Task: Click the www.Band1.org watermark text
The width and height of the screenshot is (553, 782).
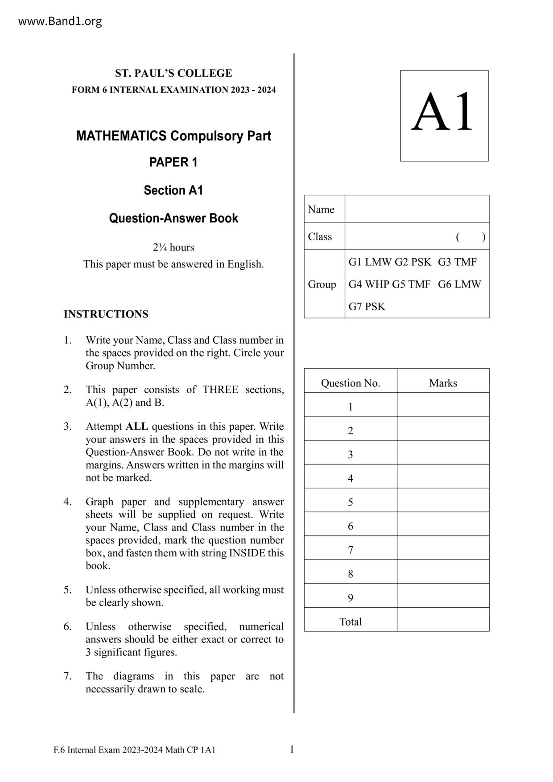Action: [x=60, y=21]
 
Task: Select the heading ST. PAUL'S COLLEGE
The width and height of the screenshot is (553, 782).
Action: [x=173, y=73]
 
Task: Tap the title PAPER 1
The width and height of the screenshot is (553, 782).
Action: [x=173, y=162]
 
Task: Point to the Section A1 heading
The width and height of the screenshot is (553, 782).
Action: [x=173, y=190]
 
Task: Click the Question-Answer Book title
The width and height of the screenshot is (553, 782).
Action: [x=173, y=218]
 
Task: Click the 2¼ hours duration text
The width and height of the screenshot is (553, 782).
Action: [x=173, y=247]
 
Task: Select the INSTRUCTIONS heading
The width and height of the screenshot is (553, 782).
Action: [x=106, y=314]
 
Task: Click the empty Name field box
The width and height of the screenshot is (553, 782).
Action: [x=417, y=209]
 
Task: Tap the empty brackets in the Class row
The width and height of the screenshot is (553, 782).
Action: [x=470, y=237]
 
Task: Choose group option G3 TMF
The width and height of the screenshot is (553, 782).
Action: [x=457, y=262]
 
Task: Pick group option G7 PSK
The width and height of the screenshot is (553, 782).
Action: [x=367, y=307]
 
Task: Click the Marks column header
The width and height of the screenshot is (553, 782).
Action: [x=443, y=383]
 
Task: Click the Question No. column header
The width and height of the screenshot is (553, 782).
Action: [x=351, y=383]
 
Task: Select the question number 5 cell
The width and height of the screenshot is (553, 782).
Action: [x=351, y=502]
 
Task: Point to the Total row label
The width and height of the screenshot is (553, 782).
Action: [x=351, y=622]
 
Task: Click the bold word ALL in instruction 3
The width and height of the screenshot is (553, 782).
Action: [x=137, y=426]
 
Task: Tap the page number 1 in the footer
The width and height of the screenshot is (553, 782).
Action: [x=292, y=749]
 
